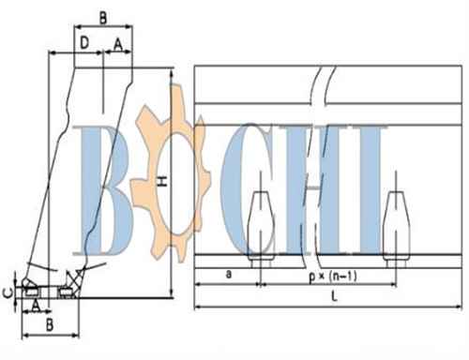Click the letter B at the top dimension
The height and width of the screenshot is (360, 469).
[x=103, y=18]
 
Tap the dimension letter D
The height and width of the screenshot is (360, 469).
[x=84, y=42]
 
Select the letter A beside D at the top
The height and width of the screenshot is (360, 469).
[x=118, y=44]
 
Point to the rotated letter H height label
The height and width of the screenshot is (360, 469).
[x=162, y=181]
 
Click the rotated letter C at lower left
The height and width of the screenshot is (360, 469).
[x=8, y=292]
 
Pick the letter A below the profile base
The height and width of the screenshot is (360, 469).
[x=36, y=305]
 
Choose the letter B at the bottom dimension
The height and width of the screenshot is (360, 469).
[x=50, y=325]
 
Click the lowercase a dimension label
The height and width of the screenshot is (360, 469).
[x=229, y=274]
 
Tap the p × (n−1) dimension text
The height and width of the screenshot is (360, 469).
[x=333, y=277]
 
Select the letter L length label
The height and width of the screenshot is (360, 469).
[x=334, y=296]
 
